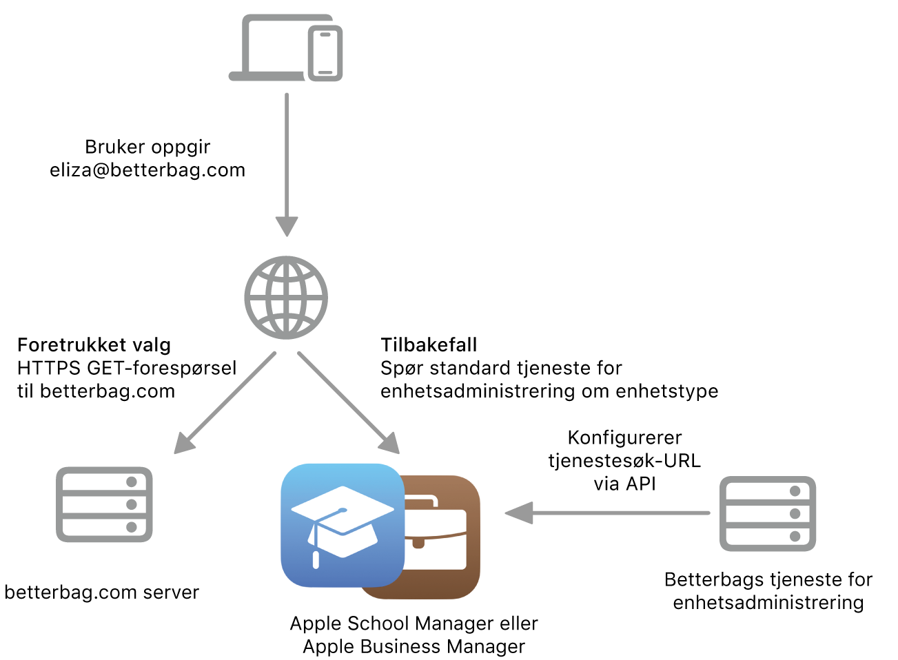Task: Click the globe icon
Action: point(286,298)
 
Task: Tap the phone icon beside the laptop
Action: point(325,53)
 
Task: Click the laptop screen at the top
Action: point(276,45)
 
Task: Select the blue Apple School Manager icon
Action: point(343,526)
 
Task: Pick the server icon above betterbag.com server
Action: point(104,504)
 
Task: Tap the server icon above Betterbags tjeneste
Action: point(768,514)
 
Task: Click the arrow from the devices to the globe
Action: point(287,165)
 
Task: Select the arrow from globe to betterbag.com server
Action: point(225,403)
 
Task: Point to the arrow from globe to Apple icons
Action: point(349,403)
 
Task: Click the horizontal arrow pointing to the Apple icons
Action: point(607,513)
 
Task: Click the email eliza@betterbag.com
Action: point(147,170)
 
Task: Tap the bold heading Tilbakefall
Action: point(429,345)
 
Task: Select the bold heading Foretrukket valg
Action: point(94,345)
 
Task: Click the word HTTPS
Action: point(49,369)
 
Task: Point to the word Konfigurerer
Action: point(624,437)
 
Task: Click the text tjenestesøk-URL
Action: point(624,461)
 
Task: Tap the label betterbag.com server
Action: point(102,592)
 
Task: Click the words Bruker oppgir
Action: point(147,147)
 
